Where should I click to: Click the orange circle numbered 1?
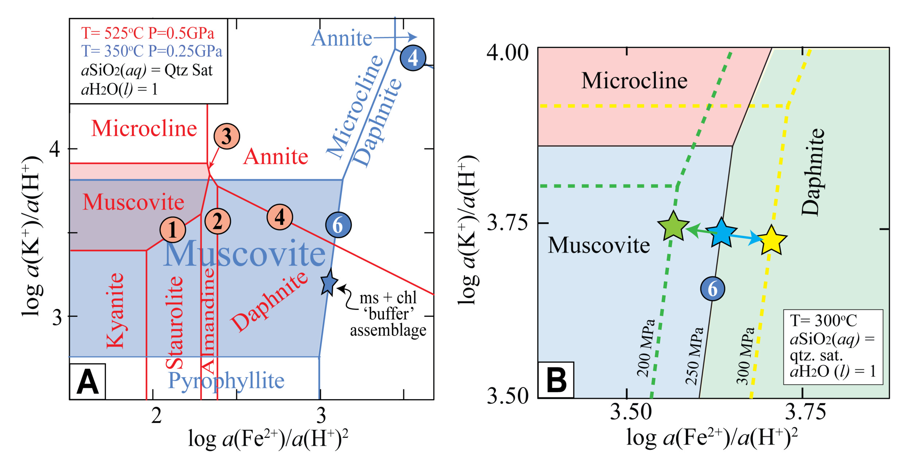[173, 229]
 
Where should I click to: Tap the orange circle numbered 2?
[218, 221]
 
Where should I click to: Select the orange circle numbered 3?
[227, 136]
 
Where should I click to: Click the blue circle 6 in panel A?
[338, 225]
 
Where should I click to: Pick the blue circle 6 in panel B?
[713, 289]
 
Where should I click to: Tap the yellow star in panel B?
[772, 240]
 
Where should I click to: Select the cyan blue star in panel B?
[722, 233]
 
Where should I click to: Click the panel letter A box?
[87, 382]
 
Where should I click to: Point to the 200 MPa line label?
[646, 348]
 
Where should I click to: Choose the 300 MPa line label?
[745, 356]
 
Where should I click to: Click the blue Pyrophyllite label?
[226, 381]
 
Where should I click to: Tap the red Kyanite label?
[115, 310]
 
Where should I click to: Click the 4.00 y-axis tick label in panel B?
[507, 53]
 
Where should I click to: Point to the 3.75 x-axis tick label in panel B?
[805, 412]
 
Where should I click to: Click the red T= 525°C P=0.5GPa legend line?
[148, 33]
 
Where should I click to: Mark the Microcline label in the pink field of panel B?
[634, 81]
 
